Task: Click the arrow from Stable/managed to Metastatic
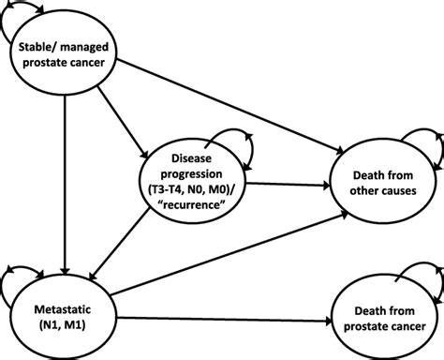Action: tap(63, 178)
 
